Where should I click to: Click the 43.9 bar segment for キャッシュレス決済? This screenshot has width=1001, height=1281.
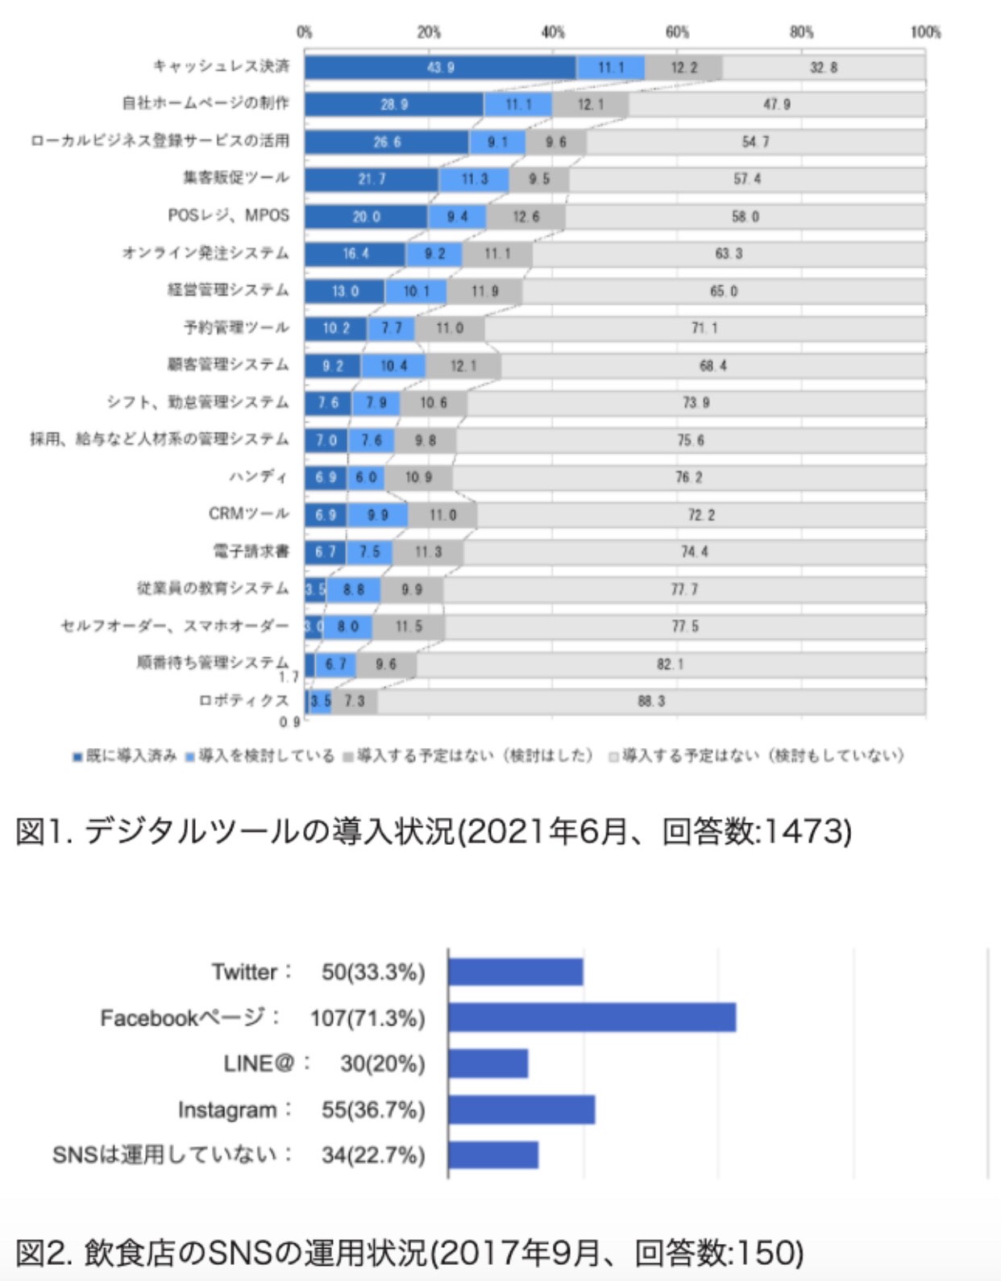[x=440, y=68]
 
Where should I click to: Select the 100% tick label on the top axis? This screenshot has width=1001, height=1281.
[x=925, y=32]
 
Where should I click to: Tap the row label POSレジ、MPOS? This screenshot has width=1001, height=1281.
[x=228, y=215]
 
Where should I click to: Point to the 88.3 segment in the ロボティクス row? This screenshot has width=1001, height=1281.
[x=651, y=701]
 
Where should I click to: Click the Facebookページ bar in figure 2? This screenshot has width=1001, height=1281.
[x=592, y=1017]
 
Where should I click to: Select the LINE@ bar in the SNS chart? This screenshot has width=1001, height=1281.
[x=488, y=1063]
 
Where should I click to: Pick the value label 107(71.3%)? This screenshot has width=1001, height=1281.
[x=368, y=1018]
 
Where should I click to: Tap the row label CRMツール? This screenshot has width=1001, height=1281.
[x=248, y=514]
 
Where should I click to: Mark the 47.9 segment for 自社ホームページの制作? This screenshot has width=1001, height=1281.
[x=776, y=105]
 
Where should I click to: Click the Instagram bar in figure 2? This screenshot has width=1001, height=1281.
[x=521, y=1109]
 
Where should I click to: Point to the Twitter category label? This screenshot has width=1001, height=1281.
[x=245, y=971]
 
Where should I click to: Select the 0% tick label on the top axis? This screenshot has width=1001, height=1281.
[x=304, y=32]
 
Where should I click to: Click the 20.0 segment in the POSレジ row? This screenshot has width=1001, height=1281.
[x=366, y=217]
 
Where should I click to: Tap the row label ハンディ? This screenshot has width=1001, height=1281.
[x=258, y=476]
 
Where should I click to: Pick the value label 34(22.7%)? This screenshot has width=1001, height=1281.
[x=372, y=1155]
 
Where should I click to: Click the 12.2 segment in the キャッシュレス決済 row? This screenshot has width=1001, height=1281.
[x=683, y=68]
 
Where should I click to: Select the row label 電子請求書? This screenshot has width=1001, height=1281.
[x=251, y=551]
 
